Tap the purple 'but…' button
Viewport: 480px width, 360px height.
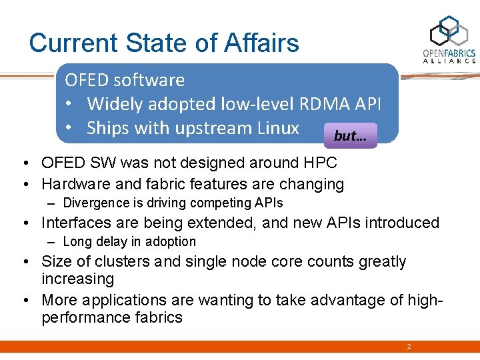click(351, 135)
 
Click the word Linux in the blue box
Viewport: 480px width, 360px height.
click(277, 128)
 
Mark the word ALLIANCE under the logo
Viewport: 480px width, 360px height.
click(450, 61)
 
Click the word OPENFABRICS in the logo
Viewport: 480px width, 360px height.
click(449, 53)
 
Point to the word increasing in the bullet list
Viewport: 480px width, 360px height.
click(77, 279)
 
